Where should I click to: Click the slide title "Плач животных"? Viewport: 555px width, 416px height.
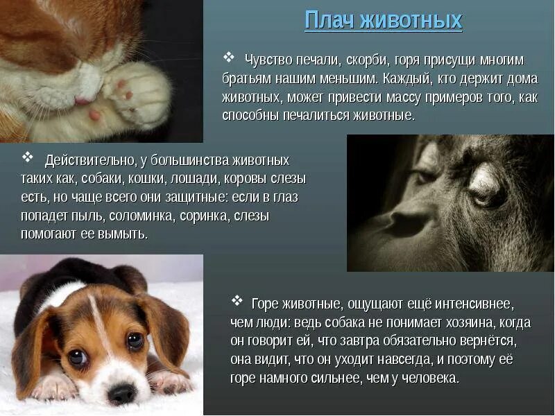[x=383, y=20]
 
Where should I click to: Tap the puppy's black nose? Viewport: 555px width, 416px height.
[x=122, y=392]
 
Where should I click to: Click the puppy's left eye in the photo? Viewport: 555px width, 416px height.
[x=77, y=357]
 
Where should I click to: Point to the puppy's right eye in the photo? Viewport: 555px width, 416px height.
[x=135, y=340]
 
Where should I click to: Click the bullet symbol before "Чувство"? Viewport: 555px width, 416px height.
[x=228, y=57]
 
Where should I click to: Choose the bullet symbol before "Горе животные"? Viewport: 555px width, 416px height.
[x=238, y=301]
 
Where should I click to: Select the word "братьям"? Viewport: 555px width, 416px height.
[x=243, y=79]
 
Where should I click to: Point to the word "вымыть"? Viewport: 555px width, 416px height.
[x=126, y=234]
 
